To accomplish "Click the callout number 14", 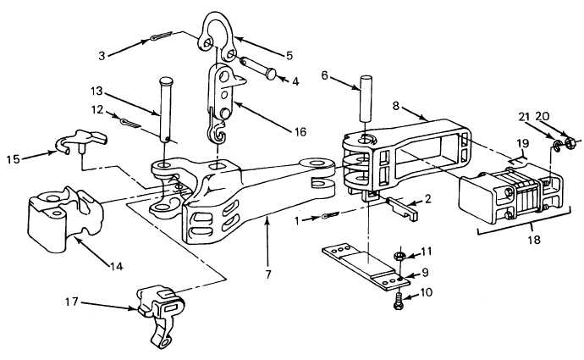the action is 116,266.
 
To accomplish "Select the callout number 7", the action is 268,274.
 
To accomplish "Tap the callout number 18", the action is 534,239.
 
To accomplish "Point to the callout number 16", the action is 300,132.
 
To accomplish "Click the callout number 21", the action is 524,117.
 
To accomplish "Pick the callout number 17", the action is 71,301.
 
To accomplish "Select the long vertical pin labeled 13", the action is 166,109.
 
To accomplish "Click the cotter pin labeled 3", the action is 161,36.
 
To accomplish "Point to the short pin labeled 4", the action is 258,68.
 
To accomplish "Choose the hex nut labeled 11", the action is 399,256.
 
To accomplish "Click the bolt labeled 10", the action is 399,301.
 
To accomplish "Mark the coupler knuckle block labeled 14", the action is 65,219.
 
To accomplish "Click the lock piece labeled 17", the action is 160,313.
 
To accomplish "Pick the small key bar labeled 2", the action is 404,208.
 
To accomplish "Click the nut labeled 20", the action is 570,142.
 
